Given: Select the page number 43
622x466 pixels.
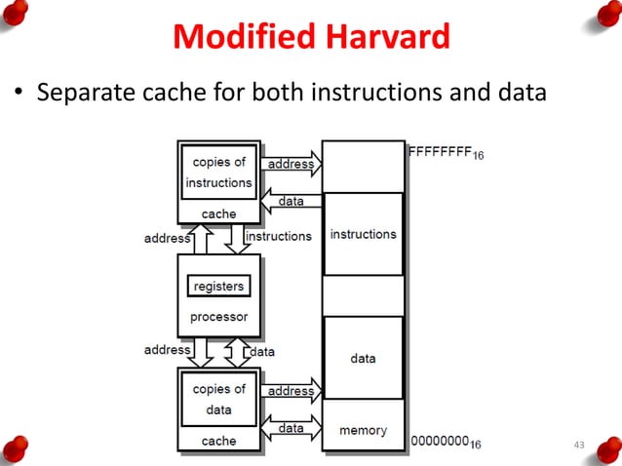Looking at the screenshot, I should (x=579, y=446).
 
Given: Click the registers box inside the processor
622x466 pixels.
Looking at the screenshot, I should (x=218, y=287).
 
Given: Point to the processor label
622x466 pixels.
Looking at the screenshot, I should (x=218, y=317).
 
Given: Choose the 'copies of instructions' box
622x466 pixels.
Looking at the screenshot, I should (x=218, y=173).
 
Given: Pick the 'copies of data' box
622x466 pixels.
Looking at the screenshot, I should (x=218, y=399).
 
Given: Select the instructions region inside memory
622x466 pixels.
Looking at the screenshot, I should (x=363, y=235).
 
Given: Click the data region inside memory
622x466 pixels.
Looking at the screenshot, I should (x=363, y=358).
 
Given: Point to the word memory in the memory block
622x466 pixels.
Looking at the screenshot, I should (x=363, y=430).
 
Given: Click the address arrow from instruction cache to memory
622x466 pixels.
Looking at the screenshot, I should (x=291, y=163).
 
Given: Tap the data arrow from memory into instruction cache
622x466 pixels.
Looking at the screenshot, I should (x=291, y=201).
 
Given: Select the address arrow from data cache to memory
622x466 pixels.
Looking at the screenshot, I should (x=291, y=390).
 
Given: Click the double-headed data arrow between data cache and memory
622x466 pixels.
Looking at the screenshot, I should (x=291, y=428).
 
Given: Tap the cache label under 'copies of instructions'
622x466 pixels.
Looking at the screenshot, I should (x=218, y=214).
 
